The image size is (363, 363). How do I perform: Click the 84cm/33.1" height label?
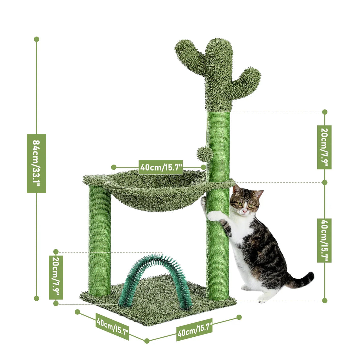pos(36,163)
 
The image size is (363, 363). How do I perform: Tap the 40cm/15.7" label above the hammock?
pos(161,167)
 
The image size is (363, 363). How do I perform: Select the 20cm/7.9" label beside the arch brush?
pos(56,277)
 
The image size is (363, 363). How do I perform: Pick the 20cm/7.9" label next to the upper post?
pos(324,147)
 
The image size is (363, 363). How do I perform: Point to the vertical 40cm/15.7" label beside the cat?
pos(324,240)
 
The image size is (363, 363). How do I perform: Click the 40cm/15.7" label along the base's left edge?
pos(113,326)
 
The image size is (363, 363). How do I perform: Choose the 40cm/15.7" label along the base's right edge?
pos(195,329)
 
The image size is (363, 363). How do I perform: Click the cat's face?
pos(245,204)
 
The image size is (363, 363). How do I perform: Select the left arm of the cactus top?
pos(188,54)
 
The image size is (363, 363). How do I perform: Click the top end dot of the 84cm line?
pos(37,39)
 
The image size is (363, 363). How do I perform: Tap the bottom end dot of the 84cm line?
pos(37,298)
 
